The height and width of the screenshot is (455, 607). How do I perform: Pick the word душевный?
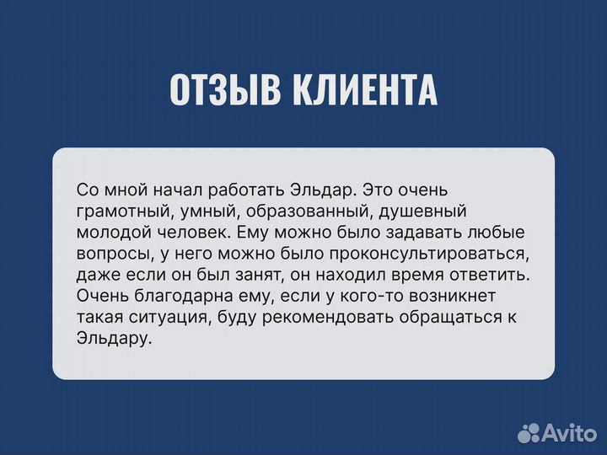(x=422, y=211)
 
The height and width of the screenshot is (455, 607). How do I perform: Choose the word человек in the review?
(x=193, y=232)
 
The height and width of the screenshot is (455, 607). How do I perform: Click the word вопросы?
(x=110, y=254)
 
